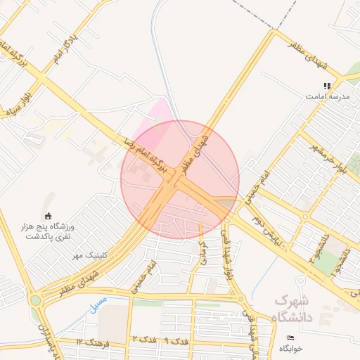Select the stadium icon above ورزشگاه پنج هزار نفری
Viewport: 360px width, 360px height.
tap(49, 215)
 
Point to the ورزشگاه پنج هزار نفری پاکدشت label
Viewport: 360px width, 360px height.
tap(50, 231)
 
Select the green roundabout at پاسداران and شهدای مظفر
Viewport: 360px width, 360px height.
tap(35, 300)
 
